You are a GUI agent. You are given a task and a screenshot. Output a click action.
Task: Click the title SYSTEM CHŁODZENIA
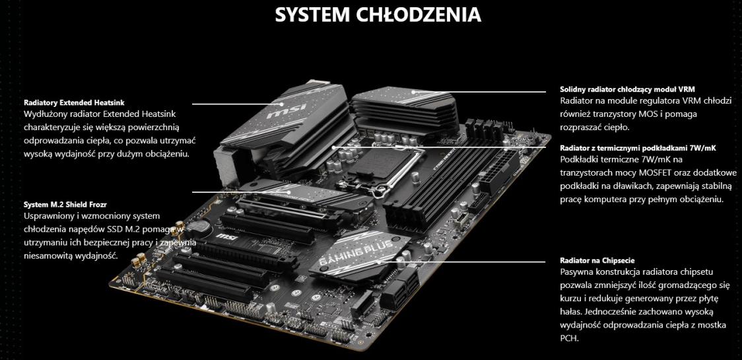pyautogui.click(x=378, y=15)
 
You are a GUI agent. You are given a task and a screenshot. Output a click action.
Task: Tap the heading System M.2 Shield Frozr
pyautogui.click(x=65, y=205)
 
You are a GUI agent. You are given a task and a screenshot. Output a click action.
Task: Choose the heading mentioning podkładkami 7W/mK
pyautogui.click(x=638, y=148)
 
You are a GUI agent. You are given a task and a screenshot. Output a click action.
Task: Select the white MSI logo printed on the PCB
pyautogui.click(x=224, y=235)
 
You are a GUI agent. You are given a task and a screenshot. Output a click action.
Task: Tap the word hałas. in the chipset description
pyautogui.click(x=572, y=312)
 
